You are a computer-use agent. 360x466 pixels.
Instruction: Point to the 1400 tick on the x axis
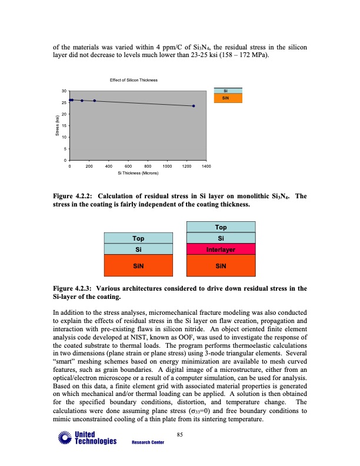(206, 168)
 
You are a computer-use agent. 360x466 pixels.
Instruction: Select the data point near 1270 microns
(194, 106)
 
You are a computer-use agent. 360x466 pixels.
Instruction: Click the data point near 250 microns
(94, 101)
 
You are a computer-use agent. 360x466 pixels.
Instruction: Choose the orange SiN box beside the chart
(225, 98)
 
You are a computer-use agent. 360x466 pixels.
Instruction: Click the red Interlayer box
(221, 249)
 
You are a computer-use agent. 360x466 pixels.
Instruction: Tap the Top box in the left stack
(139, 238)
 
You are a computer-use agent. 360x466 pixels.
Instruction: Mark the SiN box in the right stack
(221, 265)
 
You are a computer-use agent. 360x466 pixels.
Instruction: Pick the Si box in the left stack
(139, 249)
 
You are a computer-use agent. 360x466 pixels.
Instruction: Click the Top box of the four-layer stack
(221, 227)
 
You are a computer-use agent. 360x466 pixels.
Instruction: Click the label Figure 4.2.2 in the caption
(73, 196)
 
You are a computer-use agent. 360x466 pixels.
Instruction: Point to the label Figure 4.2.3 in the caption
(73, 289)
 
